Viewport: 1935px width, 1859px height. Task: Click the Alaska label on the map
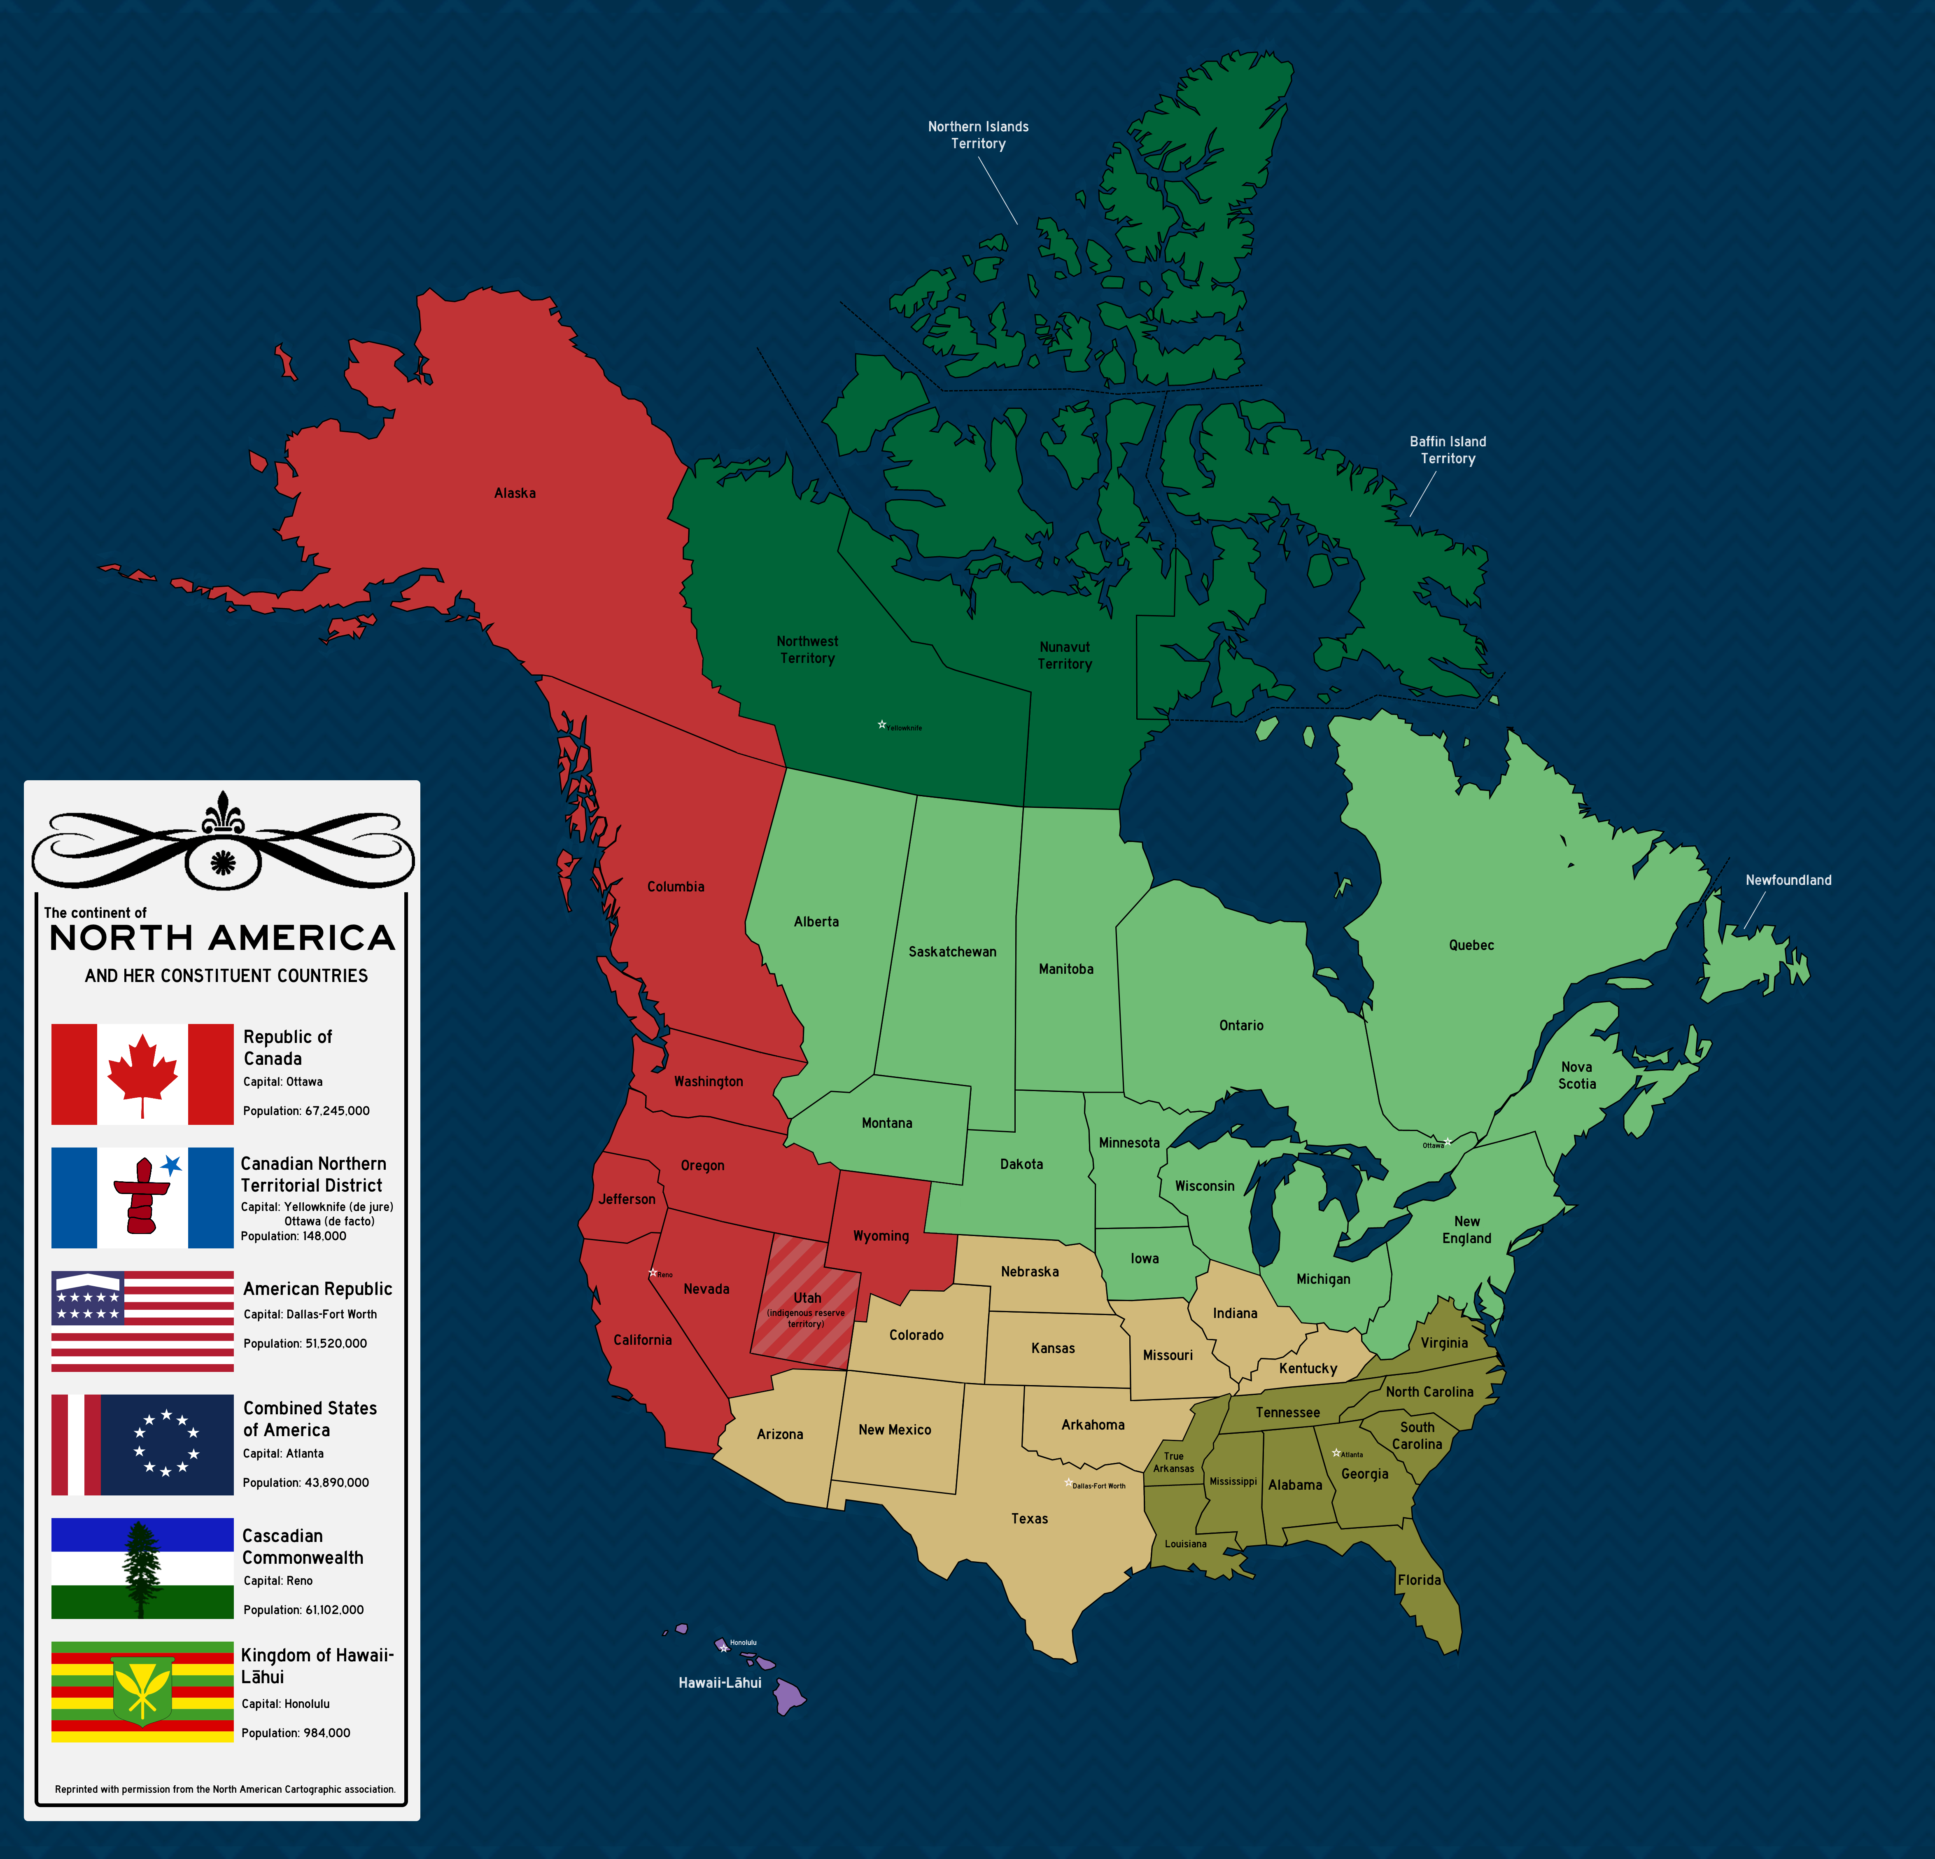coord(514,492)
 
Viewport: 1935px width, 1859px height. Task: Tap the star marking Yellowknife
coord(881,725)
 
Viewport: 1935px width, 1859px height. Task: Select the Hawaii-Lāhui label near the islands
coord(720,1682)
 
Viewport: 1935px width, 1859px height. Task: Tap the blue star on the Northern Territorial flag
coord(172,1165)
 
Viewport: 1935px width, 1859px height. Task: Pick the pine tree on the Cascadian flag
coord(141,1568)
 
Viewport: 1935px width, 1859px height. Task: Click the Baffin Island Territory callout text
coord(1447,450)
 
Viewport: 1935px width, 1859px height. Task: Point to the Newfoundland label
coord(1788,879)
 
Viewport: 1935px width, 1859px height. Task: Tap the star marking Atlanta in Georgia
coord(1336,1452)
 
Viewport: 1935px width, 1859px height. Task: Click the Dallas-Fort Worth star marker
coord(1067,1483)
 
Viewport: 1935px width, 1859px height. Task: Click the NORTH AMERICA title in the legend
coord(222,938)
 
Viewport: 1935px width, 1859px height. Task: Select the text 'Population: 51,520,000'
coord(305,1344)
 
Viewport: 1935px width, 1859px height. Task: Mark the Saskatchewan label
coord(952,952)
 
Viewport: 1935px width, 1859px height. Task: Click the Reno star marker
coord(653,1273)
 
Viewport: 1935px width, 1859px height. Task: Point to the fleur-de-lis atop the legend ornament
coord(223,812)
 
